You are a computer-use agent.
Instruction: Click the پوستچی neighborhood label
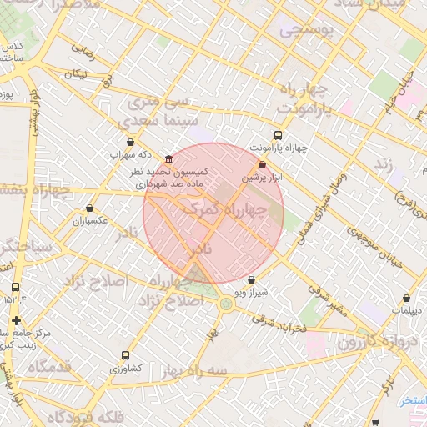coord(306,32)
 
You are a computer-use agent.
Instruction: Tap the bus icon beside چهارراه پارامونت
coord(278,135)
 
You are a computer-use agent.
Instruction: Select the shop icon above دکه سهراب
coord(130,143)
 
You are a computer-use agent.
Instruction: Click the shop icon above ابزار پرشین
coord(264,165)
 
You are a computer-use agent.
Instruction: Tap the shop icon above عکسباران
coord(89,208)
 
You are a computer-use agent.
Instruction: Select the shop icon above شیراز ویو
coord(254,282)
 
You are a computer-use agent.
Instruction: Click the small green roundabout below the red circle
coord(226,304)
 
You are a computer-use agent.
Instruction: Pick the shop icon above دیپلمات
coord(406,298)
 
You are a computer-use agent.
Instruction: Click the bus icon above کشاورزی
coord(126,355)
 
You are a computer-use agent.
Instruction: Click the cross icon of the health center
coord(16,320)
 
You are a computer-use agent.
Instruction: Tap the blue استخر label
coord(410,401)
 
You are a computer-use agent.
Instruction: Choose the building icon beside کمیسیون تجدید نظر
coord(169,159)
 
